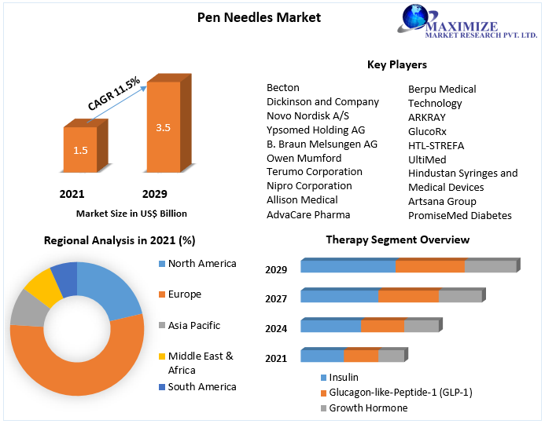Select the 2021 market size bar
click(80, 149)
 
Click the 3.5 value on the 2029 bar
click(164, 127)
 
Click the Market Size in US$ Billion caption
click(131, 213)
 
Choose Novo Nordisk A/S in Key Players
click(307, 116)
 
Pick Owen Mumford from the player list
click(304, 158)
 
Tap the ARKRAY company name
click(427, 117)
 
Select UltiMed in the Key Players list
click(426, 159)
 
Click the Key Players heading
click(396, 64)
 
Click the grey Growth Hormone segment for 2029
click(490, 266)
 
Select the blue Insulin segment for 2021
click(322, 356)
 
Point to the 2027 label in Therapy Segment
click(276, 298)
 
